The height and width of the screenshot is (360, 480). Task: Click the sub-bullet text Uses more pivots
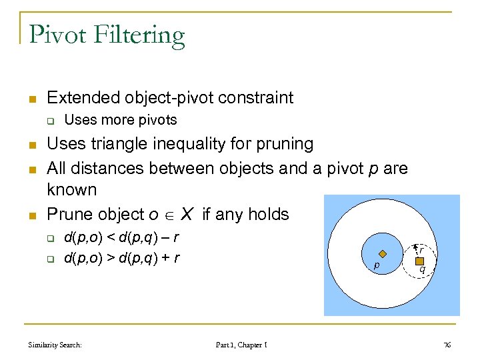[120, 120]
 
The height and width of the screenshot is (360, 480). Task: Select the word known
[71, 190]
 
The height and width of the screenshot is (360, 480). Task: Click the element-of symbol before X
[171, 215]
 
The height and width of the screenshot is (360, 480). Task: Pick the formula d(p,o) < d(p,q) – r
[121, 238]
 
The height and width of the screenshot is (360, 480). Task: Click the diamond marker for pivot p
[383, 253]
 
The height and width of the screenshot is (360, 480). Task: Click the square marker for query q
[419, 261]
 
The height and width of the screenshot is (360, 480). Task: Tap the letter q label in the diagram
[422, 270]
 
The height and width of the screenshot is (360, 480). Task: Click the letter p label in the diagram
[377, 265]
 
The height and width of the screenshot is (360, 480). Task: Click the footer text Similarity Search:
[55, 345]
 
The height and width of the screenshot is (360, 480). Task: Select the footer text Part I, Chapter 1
[241, 345]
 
